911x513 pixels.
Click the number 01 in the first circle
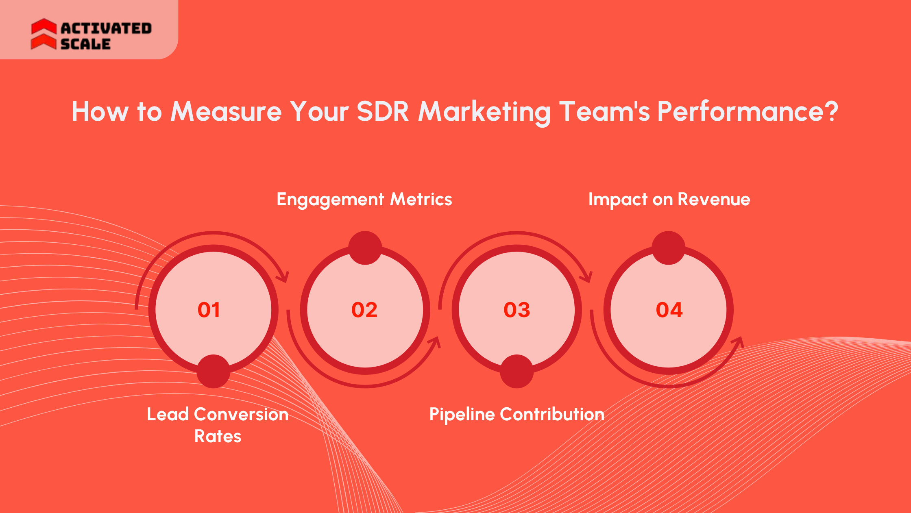click(209, 310)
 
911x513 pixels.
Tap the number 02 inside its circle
click(364, 310)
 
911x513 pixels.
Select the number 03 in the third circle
click(517, 310)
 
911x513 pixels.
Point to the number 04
click(669, 310)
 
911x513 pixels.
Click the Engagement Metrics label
click(364, 200)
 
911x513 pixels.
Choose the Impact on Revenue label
click(669, 200)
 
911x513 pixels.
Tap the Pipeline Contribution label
click(517, 415)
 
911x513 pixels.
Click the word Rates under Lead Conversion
click(218, 437)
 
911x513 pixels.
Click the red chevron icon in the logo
click(44, 34)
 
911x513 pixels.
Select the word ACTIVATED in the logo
click(106, 28)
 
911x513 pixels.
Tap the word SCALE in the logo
click(85, 44)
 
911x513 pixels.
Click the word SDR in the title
click(382, 111)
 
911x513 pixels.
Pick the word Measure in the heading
click(226, 111)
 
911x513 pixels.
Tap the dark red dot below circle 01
click(213, 371)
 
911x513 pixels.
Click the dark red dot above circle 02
click(365, 248)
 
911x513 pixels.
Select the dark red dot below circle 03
click(517, 371)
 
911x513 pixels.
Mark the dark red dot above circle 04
click(668, 248)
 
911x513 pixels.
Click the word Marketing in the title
click(484, 111)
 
